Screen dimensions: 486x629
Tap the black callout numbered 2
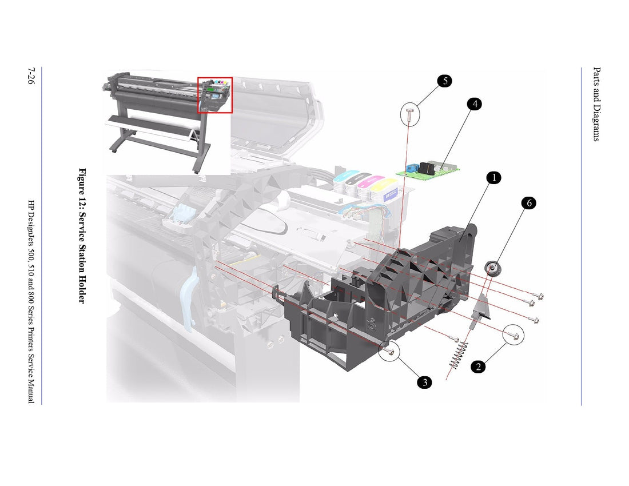pos(478,367)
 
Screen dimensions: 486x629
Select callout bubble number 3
pos(424,383)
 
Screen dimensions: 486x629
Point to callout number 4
pos(473,104)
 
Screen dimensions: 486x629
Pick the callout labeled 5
pos(445,81)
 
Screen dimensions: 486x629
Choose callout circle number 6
pos(529,203)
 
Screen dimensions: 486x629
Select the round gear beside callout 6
pos(491,268)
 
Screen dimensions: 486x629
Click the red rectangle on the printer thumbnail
pos(215,95)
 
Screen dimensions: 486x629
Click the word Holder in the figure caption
pos(82,289)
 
